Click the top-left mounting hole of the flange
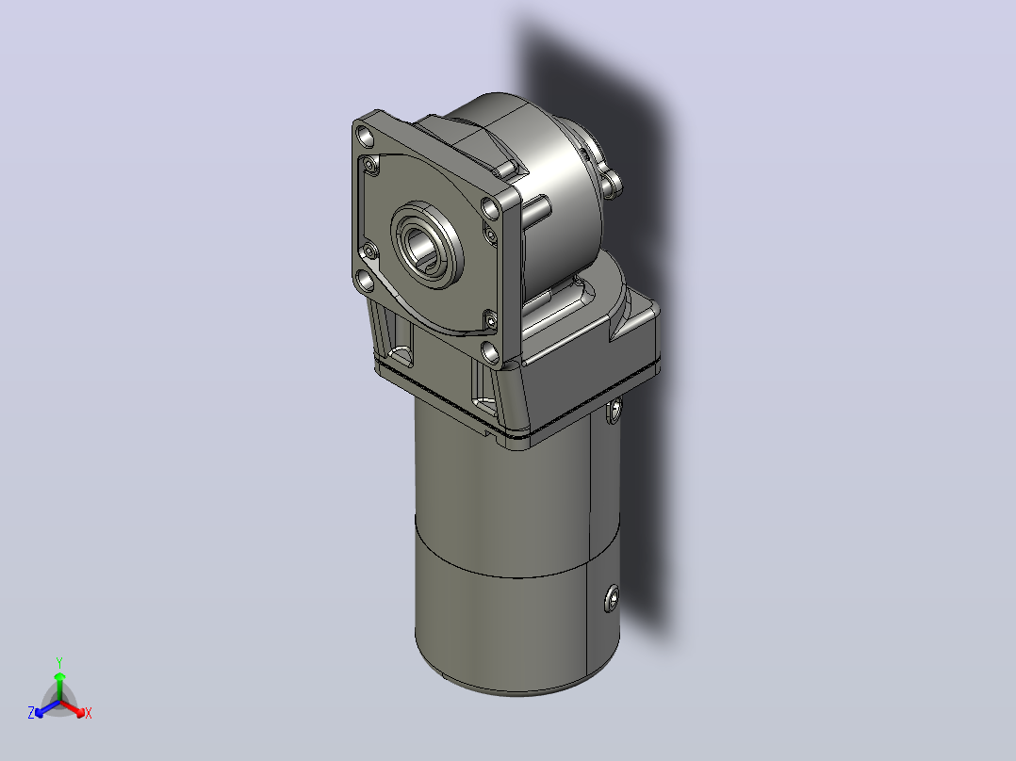[x=367, y=137]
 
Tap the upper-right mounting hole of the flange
[x=490, y=208]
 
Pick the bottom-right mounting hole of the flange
[x=490, y=351]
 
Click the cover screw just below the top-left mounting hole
[x=371, y=165]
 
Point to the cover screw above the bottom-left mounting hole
[x=370, y=251]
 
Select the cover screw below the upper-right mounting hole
[x=489, y=235]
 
